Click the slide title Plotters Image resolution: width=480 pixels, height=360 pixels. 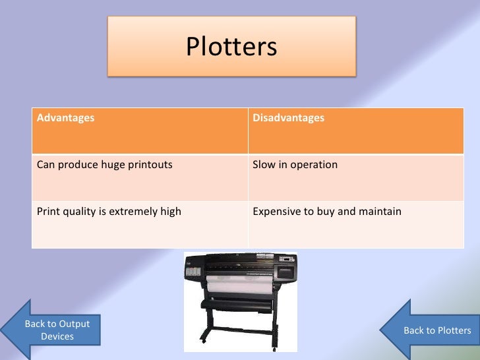pos(231,47)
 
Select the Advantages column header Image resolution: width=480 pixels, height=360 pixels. pos(65,118)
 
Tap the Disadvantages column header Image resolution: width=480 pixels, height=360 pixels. pos(288,118)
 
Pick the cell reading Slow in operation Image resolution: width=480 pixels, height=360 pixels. pos(295,164)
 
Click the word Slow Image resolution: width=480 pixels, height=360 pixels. pos(263,164)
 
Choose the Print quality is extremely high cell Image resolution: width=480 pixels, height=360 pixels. pos(109,212)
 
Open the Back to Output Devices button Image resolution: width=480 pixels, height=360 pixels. pos(57,330)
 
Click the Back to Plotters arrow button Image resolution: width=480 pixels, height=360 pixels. pos(436,330)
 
